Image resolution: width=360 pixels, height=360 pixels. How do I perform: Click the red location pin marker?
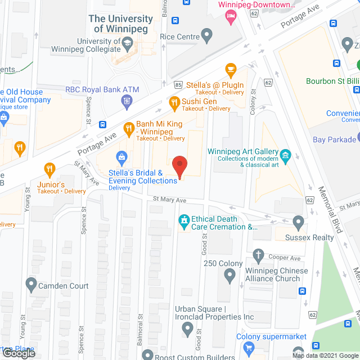click(x=179, y=166)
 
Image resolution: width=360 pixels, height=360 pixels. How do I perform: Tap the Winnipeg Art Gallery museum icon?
click(x=285, y=154)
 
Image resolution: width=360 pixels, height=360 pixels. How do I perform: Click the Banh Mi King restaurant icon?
click(x=128, y=128)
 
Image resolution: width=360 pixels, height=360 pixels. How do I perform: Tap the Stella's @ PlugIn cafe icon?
click(x=230, y=69)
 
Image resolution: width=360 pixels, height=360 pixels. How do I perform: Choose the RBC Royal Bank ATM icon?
click(x=127, y=101)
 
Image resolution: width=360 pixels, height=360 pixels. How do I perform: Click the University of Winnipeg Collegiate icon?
click(x=128, y=43)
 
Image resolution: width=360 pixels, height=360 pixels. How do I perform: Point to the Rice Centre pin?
click(x=207, y=37)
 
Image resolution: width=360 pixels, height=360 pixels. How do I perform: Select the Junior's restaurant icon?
click(x=49, y=168)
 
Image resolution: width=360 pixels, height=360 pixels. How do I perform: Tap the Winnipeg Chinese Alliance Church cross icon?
click(x=258, y=255)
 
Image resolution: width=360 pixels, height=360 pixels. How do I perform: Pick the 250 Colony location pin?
click(x=229, y=276)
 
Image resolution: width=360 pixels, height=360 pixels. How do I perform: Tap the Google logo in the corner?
click(x=17, y=353)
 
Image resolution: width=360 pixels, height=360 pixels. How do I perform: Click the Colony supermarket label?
click(x=271, y=337)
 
